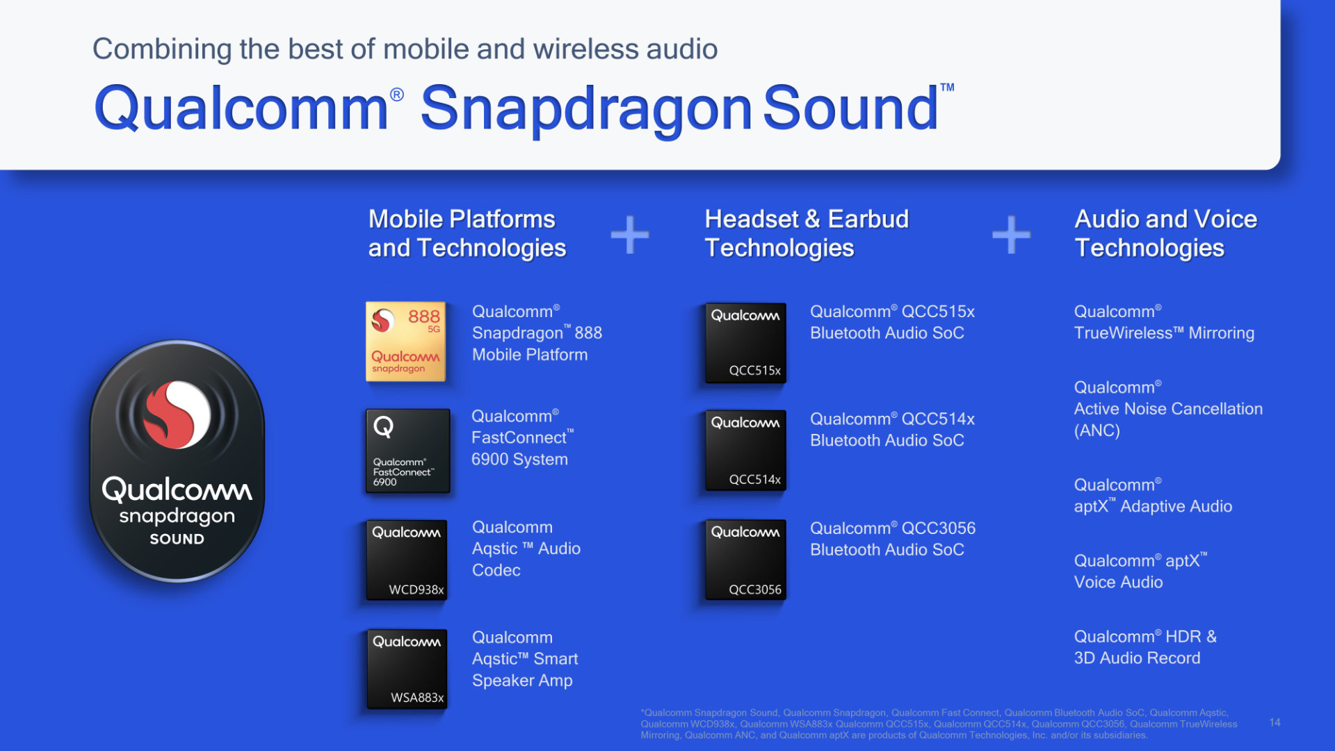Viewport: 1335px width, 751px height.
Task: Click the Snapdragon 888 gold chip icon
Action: tap(405, 341)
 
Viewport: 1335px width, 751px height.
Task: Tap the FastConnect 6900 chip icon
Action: tap(408, 451)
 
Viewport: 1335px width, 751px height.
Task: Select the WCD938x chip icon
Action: tap(407, 560)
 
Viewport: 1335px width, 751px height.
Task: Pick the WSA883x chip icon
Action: tap(407, 669)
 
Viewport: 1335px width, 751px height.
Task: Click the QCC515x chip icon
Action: tap(746, 342)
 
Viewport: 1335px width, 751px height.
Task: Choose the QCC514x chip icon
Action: tap(746, 450)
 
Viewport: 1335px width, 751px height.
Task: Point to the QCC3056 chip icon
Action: tap(746, 559)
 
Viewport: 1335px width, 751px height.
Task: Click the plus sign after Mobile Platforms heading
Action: tap(630, 234)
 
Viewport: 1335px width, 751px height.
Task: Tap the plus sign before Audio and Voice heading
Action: tap(1011, 234)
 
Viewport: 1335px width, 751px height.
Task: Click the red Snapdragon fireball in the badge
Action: tap(177, 414)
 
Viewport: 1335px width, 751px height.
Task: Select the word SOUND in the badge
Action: tap(177, 539)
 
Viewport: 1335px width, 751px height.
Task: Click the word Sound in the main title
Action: tap(850, 108)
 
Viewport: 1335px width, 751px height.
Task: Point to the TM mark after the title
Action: tap(947, 88)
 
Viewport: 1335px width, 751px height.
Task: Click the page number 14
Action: tap(1275, 722)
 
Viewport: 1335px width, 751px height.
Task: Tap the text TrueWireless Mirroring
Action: tap(1164, 333)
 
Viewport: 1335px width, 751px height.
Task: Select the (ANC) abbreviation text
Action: tap(1097, 430)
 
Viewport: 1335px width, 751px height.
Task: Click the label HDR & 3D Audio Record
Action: tap(1144, 647)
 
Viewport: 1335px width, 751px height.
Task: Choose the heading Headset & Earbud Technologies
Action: tap(807, 234)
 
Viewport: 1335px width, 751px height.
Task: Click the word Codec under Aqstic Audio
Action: tap(496, 570)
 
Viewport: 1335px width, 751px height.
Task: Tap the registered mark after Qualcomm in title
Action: tap(396, 95)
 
